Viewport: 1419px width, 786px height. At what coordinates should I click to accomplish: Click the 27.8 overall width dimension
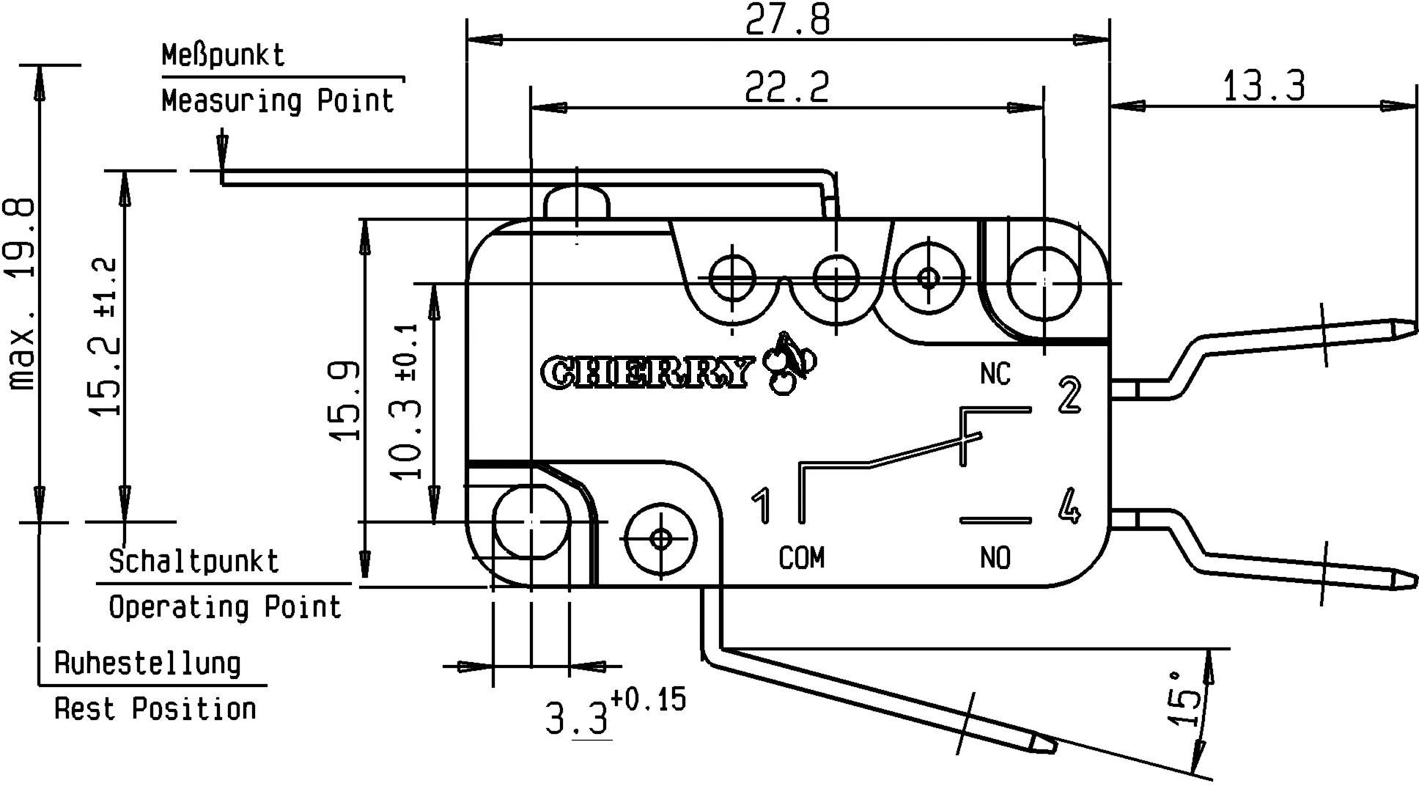[x=788, y=20]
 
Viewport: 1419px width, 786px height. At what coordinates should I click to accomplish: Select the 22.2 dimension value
[x=787, y=87]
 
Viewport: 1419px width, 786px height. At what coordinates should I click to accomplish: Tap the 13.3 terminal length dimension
[x=1264, y=87]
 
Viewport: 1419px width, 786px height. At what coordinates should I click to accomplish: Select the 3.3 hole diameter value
[x=578, y=719]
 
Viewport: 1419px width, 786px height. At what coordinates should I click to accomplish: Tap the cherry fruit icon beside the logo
[x=789, y=364]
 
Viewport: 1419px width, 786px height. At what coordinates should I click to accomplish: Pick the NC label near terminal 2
[x=995, y=374]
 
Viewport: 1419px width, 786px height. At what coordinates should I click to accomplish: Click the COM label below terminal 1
[x=801, y=559]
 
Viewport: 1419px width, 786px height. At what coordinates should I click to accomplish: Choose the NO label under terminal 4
[x=995, y=559]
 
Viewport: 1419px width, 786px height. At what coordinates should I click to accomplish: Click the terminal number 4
[x=1070, y=506]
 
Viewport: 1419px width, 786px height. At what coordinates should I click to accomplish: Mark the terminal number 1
[x=762, y=506]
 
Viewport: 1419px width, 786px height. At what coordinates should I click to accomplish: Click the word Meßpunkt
[x=223, y=56]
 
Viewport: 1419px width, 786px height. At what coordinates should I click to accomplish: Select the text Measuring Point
[x=278, y=100]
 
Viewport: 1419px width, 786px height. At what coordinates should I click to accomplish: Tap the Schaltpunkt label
[x=194, y=562]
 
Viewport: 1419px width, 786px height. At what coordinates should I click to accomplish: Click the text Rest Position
[x=155, y=709]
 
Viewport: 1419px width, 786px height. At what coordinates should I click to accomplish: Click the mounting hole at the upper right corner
[x=1044, y=283]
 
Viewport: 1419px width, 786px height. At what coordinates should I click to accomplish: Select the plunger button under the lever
[x=577, y=203]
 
